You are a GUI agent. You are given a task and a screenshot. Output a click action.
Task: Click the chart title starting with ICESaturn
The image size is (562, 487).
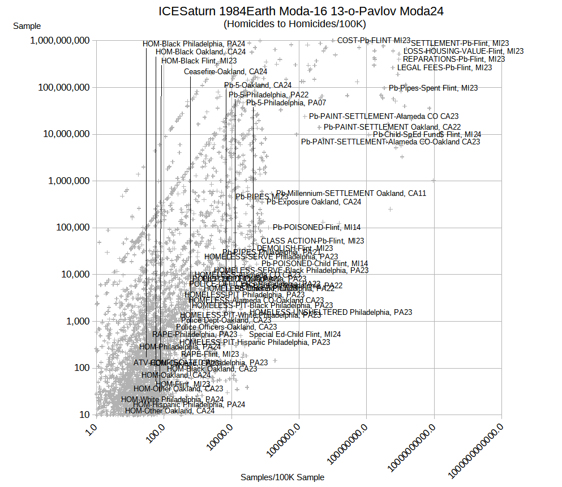click(x=301, y=11)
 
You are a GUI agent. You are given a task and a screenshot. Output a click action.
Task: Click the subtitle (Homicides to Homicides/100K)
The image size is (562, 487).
click(x=295, y=24)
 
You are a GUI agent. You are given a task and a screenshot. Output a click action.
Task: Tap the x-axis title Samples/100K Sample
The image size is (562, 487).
click(x=282, y=477)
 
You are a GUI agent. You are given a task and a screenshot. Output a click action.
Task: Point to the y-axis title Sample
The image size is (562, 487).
click(x=27, y=26)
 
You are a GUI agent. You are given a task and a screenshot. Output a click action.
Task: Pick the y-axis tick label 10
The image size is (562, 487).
click(x=84, y=415)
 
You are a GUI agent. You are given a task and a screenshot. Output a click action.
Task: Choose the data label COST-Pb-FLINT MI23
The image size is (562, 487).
click(x=374, y=40)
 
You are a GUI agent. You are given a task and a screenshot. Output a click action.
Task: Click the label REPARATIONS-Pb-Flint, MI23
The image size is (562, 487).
click(x=454, y=59)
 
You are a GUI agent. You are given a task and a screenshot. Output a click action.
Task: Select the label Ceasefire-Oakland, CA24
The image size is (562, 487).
click(x=225, y=71)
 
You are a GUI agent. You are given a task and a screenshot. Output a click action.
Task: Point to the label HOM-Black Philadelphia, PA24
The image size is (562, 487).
click(x=194, y=44)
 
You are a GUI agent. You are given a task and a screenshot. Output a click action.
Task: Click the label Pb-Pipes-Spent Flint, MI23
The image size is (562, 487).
click(x=433, y=88)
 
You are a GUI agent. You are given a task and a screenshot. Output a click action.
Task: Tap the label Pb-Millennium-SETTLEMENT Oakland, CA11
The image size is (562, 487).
click(x=351, y=193)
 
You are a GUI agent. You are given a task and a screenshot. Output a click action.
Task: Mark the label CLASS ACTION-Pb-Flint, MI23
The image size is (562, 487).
click(x=312, y=241)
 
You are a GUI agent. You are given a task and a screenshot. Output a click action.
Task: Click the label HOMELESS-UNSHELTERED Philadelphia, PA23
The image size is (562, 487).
click(x=331, y=312)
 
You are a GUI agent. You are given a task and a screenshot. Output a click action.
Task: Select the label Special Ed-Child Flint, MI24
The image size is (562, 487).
click(x=295, y=334)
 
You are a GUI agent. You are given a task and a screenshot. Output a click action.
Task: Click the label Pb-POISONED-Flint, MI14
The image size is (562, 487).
click(x=316, y=227)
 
